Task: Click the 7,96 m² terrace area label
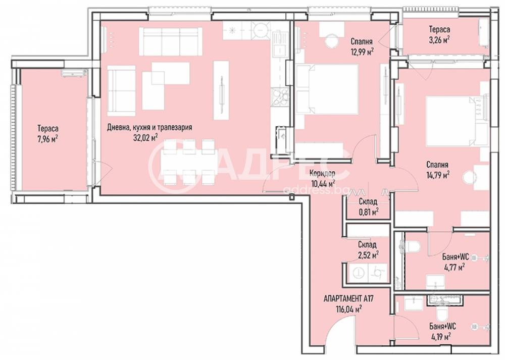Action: (47, 139)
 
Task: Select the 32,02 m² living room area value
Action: (145, 138)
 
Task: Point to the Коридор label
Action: (322, 173)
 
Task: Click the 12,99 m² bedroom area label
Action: (362, 52)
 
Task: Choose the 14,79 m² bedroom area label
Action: (438, 175)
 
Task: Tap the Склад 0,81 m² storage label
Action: (368, 207)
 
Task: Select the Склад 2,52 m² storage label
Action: (368, 250)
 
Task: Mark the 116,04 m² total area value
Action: (348, 310)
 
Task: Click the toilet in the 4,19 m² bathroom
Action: (440, 313)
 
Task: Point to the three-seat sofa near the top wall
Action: (171, 41)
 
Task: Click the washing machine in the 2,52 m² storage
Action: (358, 273)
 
